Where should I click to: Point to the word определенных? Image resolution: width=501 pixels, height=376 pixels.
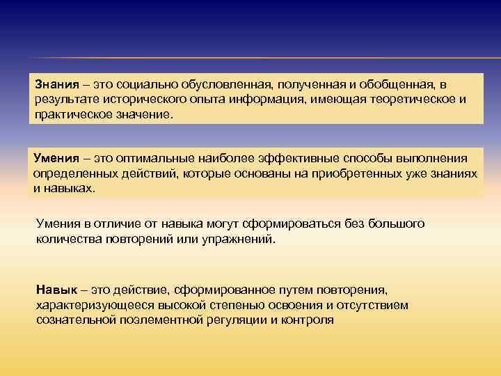pyautogui.click(x=72, y=173)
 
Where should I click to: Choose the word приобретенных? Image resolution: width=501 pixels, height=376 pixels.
pyautogui.click(x=360, y=173)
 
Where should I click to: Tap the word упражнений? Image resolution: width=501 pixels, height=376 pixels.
pyautogui.click(x=239, y=239)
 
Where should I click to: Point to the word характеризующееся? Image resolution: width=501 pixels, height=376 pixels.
pyautogui.click(x=86, y=305)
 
